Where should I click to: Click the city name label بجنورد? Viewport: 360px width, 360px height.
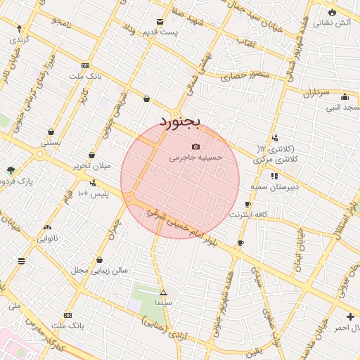pos(180,121)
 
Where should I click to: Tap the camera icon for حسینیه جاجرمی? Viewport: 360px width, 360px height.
pos(195,146)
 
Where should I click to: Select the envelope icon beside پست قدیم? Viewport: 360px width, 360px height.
pos(160,22)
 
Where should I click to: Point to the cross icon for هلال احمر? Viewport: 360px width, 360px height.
pos(350,316)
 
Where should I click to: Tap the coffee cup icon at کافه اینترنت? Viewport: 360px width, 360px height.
pos(240,243)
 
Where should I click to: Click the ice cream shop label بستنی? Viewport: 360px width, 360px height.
pos(51,143)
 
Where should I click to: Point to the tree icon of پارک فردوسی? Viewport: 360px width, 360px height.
pos(11,170)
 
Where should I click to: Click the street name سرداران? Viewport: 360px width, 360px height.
pos(317,92)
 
